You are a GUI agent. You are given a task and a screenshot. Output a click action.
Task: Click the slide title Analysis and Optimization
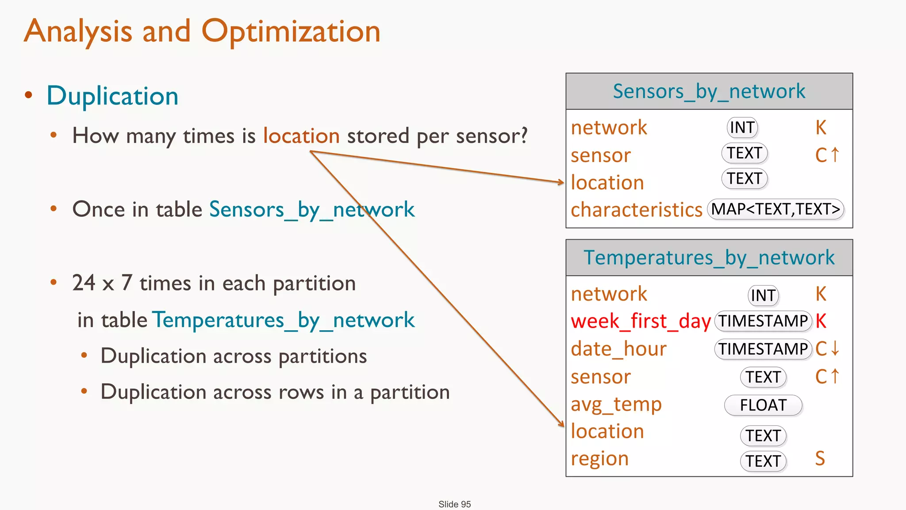(x=202, y=32)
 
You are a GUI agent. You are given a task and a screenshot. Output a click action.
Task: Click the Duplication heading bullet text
(x=112, y=96)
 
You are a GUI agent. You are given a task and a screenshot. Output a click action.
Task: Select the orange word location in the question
(x=301, y=135)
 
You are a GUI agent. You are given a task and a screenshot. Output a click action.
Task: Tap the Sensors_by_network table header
(x=709, y=92)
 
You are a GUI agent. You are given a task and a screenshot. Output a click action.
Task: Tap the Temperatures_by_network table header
(x=709, y=258)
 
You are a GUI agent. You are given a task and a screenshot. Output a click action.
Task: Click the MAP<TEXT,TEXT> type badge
(x=775, y=209)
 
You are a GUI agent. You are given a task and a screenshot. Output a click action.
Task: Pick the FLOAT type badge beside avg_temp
(x=763, y=405)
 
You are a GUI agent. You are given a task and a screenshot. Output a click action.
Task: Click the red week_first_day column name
(x=641, y=321)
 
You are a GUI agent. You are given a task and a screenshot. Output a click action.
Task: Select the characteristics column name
(x=636, y=210)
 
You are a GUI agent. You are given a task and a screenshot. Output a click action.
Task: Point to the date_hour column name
(x=618, y=349)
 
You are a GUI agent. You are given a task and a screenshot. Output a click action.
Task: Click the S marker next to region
(x=820, y=459)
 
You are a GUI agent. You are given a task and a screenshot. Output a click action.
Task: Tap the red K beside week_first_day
(x=821, y=321)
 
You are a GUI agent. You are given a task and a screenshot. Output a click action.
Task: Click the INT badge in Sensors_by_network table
(x=742, y=127)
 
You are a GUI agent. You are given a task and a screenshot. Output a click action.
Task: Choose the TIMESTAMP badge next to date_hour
(x=763, y=349)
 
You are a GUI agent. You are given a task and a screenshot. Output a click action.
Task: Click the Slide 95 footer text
(x=454, y=504)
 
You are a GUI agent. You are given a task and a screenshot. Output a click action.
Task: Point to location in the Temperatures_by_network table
(x=607, y=431)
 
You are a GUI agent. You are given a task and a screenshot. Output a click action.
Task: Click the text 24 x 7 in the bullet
(x=102, y=283)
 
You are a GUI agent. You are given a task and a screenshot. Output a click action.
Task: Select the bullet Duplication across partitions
(x=234, y=356)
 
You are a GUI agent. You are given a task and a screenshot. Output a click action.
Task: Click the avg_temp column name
(x=616, y=404)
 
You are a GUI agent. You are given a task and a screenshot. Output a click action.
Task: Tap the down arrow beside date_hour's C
(x=835, y=348)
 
